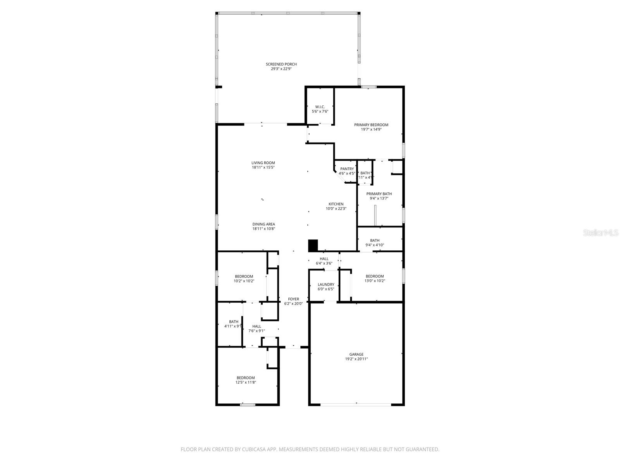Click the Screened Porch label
tap(281, 64)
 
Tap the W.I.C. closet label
tap(320, 107)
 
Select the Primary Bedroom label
tap(371, 125)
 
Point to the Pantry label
tap(347, 169)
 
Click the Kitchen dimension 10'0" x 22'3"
tap(336, 208)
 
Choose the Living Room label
tap(263, 163)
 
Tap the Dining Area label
tap(263, 224)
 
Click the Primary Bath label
tap(379, 194)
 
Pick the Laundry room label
tap(326, 284)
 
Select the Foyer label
tap(293, 299)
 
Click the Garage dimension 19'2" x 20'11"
tap(356, 359)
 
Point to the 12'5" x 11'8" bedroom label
tap(246, 378)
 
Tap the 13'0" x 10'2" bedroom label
tap(375, 276)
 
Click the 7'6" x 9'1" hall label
tap(257, 326)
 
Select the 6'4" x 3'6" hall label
tap(324, 259)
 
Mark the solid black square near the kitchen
tap(313, 245)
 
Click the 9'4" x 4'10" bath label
tap(375, 241)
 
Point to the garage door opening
tap(356, 405)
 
